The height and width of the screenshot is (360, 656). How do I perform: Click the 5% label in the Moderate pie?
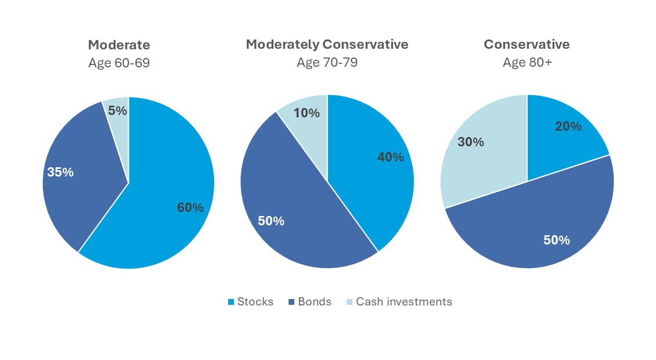coord(118,111)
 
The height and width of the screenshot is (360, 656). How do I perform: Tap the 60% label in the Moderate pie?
coord(190,207)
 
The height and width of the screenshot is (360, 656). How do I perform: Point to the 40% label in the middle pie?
coord(390,157)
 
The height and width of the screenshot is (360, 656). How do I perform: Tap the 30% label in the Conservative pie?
coord(471,142)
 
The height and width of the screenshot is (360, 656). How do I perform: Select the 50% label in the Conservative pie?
coord(556,240)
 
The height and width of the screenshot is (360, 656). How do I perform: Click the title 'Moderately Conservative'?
coord(327,44)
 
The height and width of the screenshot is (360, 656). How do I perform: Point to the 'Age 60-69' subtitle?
coord(119,63)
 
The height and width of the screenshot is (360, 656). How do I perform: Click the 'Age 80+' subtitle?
coord(527,63)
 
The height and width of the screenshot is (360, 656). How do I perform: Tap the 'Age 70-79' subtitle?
coord(327,63)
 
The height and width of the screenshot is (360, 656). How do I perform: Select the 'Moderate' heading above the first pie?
coord(119,45)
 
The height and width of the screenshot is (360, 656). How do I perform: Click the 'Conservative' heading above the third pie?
coord(527,44)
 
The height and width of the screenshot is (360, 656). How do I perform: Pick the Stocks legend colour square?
coord(230,302)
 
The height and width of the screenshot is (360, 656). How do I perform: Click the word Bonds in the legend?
coord(314,302)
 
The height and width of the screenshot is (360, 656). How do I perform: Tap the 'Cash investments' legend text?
coord(403,302)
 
